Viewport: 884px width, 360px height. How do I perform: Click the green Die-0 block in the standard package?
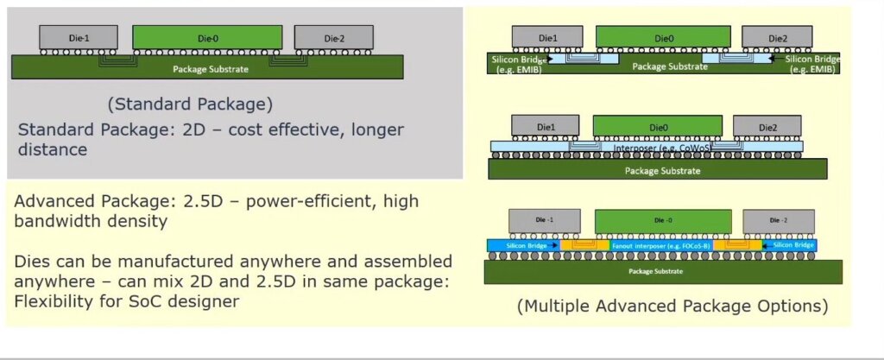(207, 36)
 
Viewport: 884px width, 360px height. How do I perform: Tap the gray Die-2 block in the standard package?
(333, 37)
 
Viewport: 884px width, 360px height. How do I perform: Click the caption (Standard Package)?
(190, 104)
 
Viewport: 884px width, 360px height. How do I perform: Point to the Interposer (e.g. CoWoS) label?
(647, 147)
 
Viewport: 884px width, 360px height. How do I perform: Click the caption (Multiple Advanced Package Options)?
(672, 306)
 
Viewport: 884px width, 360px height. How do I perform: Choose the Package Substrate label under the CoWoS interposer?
(662, 170)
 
